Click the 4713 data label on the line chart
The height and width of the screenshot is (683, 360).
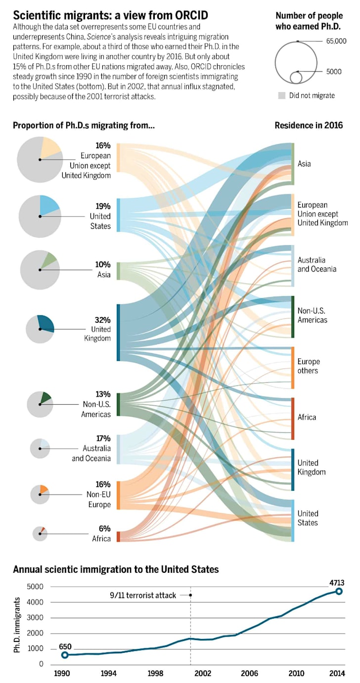(336, 583)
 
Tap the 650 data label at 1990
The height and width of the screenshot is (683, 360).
(65, 646)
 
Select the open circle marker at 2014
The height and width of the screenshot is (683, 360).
(339, 591)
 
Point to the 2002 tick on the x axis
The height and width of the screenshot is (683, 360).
(203, 673)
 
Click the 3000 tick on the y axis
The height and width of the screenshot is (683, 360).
(35, 617)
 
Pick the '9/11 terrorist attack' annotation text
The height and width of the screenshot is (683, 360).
(143, 595)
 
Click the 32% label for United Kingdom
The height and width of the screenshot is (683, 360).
(102, 320)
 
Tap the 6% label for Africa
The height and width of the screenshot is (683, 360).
(104, 528)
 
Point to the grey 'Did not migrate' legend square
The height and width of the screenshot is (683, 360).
(281, 95)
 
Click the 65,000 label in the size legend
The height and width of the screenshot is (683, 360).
(336, 41)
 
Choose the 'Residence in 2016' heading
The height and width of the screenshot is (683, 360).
(309, 126)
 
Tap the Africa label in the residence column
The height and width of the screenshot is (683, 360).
(307, 417)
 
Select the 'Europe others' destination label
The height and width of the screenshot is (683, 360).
(309, 366)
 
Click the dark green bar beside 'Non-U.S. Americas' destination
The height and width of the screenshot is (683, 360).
(293, 317)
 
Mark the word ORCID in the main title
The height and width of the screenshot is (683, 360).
(191, 15)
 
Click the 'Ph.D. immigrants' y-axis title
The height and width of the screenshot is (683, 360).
(17, 625)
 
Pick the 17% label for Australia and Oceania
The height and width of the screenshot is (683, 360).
(103, 438)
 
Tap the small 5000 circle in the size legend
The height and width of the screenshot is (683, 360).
(296, 78)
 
